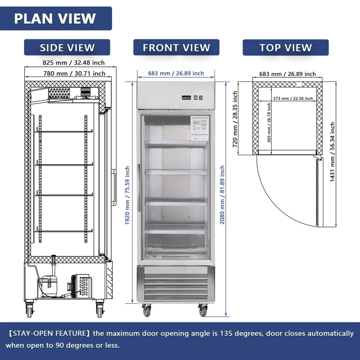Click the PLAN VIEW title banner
point(55,19)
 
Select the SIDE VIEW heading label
point(67,47)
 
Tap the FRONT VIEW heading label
point(176,47)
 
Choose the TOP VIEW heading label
point(285,47)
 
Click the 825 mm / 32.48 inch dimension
point(73,63)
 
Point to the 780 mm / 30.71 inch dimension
point(74,73)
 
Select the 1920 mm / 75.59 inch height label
point(128,195)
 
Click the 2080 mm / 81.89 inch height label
point(222,195)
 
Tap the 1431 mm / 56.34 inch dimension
point(332,152)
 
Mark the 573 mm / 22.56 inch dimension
point(292,99)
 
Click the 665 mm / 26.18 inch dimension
point(269,122)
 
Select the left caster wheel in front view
point(147,310)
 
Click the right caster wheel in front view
point(203,310)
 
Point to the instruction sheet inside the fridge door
point(199,128)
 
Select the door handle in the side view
point(114,187)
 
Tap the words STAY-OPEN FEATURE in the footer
point(46,333)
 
